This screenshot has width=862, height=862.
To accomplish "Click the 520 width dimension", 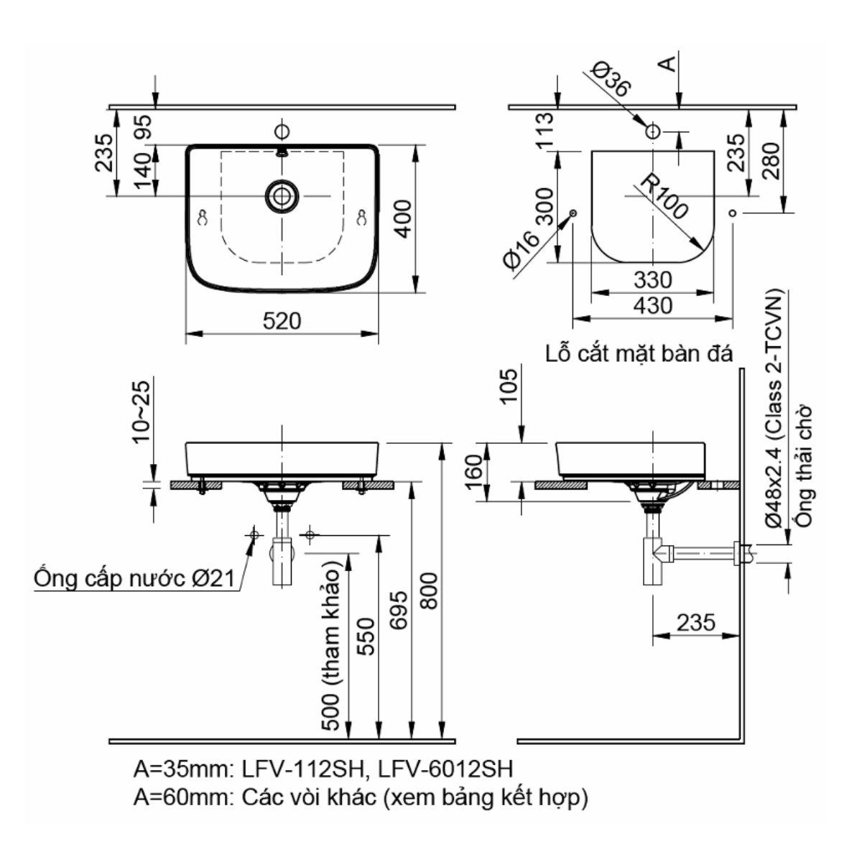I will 282,321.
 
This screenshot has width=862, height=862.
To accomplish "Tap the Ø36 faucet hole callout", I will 611,79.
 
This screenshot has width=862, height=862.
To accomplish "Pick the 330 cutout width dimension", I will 652,279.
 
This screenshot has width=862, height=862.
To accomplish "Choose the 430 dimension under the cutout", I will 652,306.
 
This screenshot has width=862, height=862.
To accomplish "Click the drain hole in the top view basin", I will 282,195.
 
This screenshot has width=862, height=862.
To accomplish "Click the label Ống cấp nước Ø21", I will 135,579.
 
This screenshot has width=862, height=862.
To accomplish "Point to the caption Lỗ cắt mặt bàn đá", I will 639,354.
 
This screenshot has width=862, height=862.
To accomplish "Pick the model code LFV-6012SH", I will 445,769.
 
